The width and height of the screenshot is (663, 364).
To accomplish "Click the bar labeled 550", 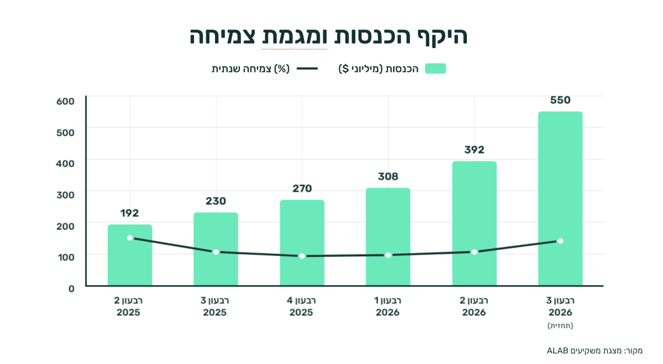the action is tap(560, 199).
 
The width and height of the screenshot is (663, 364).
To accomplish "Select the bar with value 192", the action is tap(130, 255).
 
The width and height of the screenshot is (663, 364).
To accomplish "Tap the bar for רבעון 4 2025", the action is tap(302, 243).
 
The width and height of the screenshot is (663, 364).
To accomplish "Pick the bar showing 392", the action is tap(475, 224).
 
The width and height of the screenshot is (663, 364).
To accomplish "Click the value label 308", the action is tap(388, 177).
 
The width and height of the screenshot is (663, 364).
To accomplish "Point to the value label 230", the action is tap(216, 201).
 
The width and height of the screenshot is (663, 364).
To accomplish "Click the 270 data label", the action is tap(302, 188).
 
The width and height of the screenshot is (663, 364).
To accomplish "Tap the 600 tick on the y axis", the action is tap(65, 101).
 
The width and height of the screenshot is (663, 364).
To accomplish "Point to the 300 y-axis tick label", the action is tap(65, 195).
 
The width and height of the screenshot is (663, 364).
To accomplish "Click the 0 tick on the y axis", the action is tap(71, 289).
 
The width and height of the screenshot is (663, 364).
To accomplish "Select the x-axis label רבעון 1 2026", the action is tap(388, 307).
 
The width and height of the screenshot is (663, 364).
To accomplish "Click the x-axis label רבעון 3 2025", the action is tap(215, 307).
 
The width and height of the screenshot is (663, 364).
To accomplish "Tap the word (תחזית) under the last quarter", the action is tap(560, 325).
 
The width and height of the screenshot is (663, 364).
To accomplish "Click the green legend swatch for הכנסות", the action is tap(435, 68).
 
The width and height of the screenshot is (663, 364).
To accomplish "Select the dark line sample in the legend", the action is tap(307, 68).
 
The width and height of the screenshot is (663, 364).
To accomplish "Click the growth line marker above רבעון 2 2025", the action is tap(130, 238).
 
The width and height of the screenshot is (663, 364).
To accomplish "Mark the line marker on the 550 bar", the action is tap(560, 241).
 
